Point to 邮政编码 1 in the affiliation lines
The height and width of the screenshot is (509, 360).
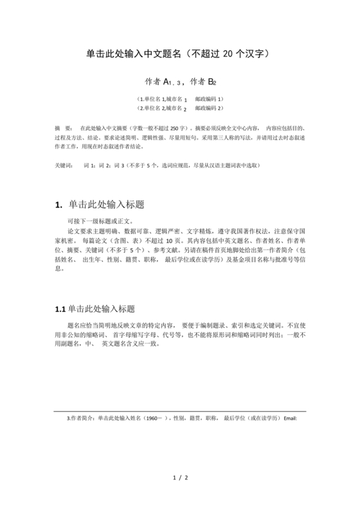[x=209, y=100]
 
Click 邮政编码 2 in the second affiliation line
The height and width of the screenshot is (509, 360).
[x=209, y=109]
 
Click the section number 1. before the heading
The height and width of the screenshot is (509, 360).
[x=59, y=205]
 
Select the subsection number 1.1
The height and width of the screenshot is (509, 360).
[x=60, y=309]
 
